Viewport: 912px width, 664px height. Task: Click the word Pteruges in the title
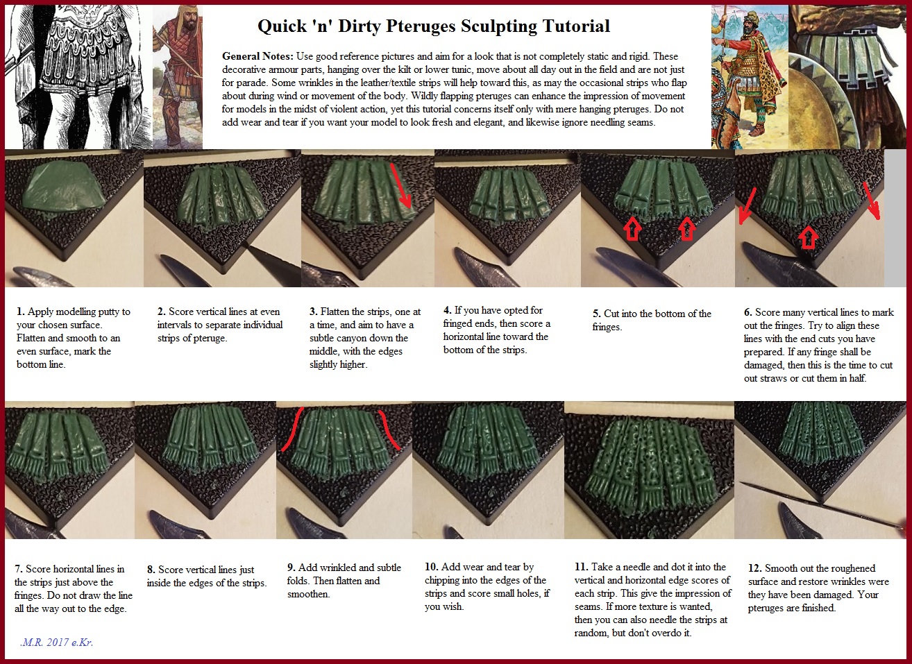pos(421,26)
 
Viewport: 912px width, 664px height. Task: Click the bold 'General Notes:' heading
pos(257,56)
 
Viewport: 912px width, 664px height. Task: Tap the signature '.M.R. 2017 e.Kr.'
pos(57,642)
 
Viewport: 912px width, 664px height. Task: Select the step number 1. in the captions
pos(21,312)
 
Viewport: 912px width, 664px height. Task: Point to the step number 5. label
pos(597,314)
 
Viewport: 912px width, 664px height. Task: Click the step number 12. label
pos(755,568)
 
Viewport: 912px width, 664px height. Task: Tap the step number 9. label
pos(291,568)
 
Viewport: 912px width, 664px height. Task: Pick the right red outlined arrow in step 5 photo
pos(687,228)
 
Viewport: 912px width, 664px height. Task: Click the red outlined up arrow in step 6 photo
pos(809,238)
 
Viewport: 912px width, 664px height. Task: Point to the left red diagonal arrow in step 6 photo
pos(748,206)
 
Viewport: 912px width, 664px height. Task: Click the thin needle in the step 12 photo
pos(822,505)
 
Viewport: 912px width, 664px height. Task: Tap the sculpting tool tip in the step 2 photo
pos(246,246)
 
